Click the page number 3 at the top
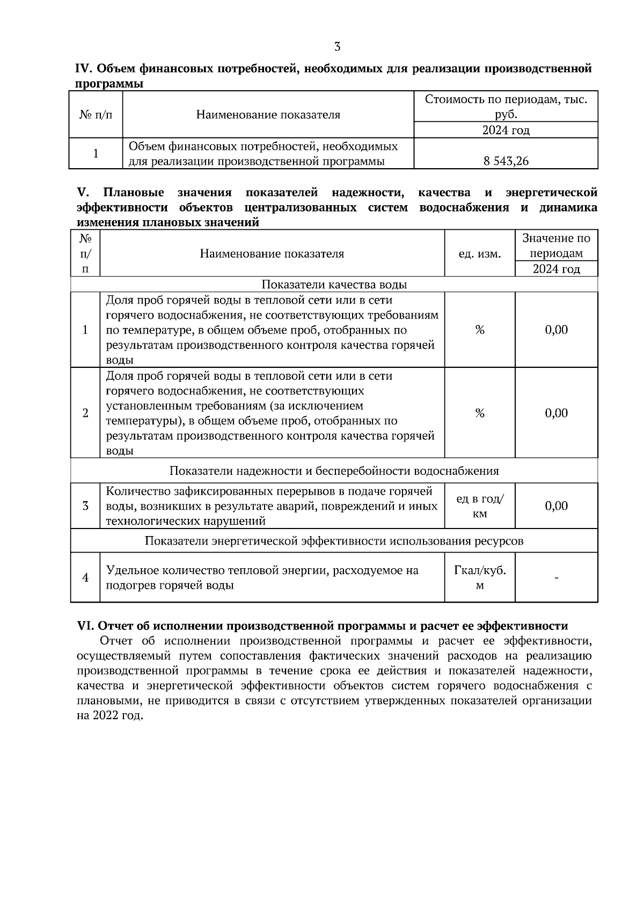[x=337, y=47]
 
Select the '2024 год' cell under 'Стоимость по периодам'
[x=506, y=130]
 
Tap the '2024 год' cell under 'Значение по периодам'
[x=556, y=269]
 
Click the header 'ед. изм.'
[x=479, y=254]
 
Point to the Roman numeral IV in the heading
[x=84, y=69]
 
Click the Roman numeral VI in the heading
[x=85, y=626]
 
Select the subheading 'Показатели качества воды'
[x=334, y=285]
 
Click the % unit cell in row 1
[x=479, y=330]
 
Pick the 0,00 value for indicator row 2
[x=556, y=413]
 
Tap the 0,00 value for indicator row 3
[x=556, y=506]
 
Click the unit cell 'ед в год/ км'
[x=479, y=506]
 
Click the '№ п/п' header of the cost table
[x=96, y=115]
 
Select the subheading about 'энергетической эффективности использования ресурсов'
[x=334, y=541]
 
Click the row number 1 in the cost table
[x=96, y=154]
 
